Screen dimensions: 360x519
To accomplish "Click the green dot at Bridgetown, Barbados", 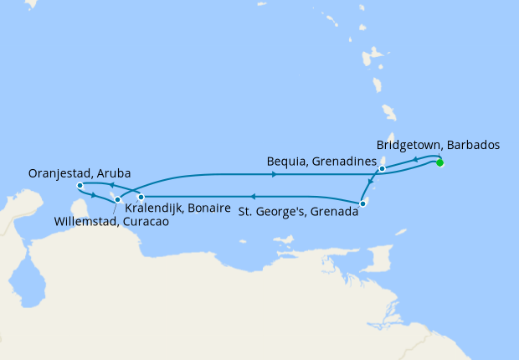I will pyautogui.click(x=439, y=162).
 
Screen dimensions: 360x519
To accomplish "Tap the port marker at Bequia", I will pyautogui.click(x=382, y=169).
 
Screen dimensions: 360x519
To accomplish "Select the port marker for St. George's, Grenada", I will pyautogui.click(x=362, y=203).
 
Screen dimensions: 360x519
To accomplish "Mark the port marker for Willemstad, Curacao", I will pyautogui.click(x=117, y=199).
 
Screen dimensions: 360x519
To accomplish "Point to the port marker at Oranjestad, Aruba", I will pyautogui.click(x=80, y=185).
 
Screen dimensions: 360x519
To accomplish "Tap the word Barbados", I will pyautogui.click(x=474, y=144).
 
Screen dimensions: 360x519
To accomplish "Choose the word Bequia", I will pyautogui.click(x=286, y=160).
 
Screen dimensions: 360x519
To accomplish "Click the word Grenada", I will pyautogui.click(x=333, y=213).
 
